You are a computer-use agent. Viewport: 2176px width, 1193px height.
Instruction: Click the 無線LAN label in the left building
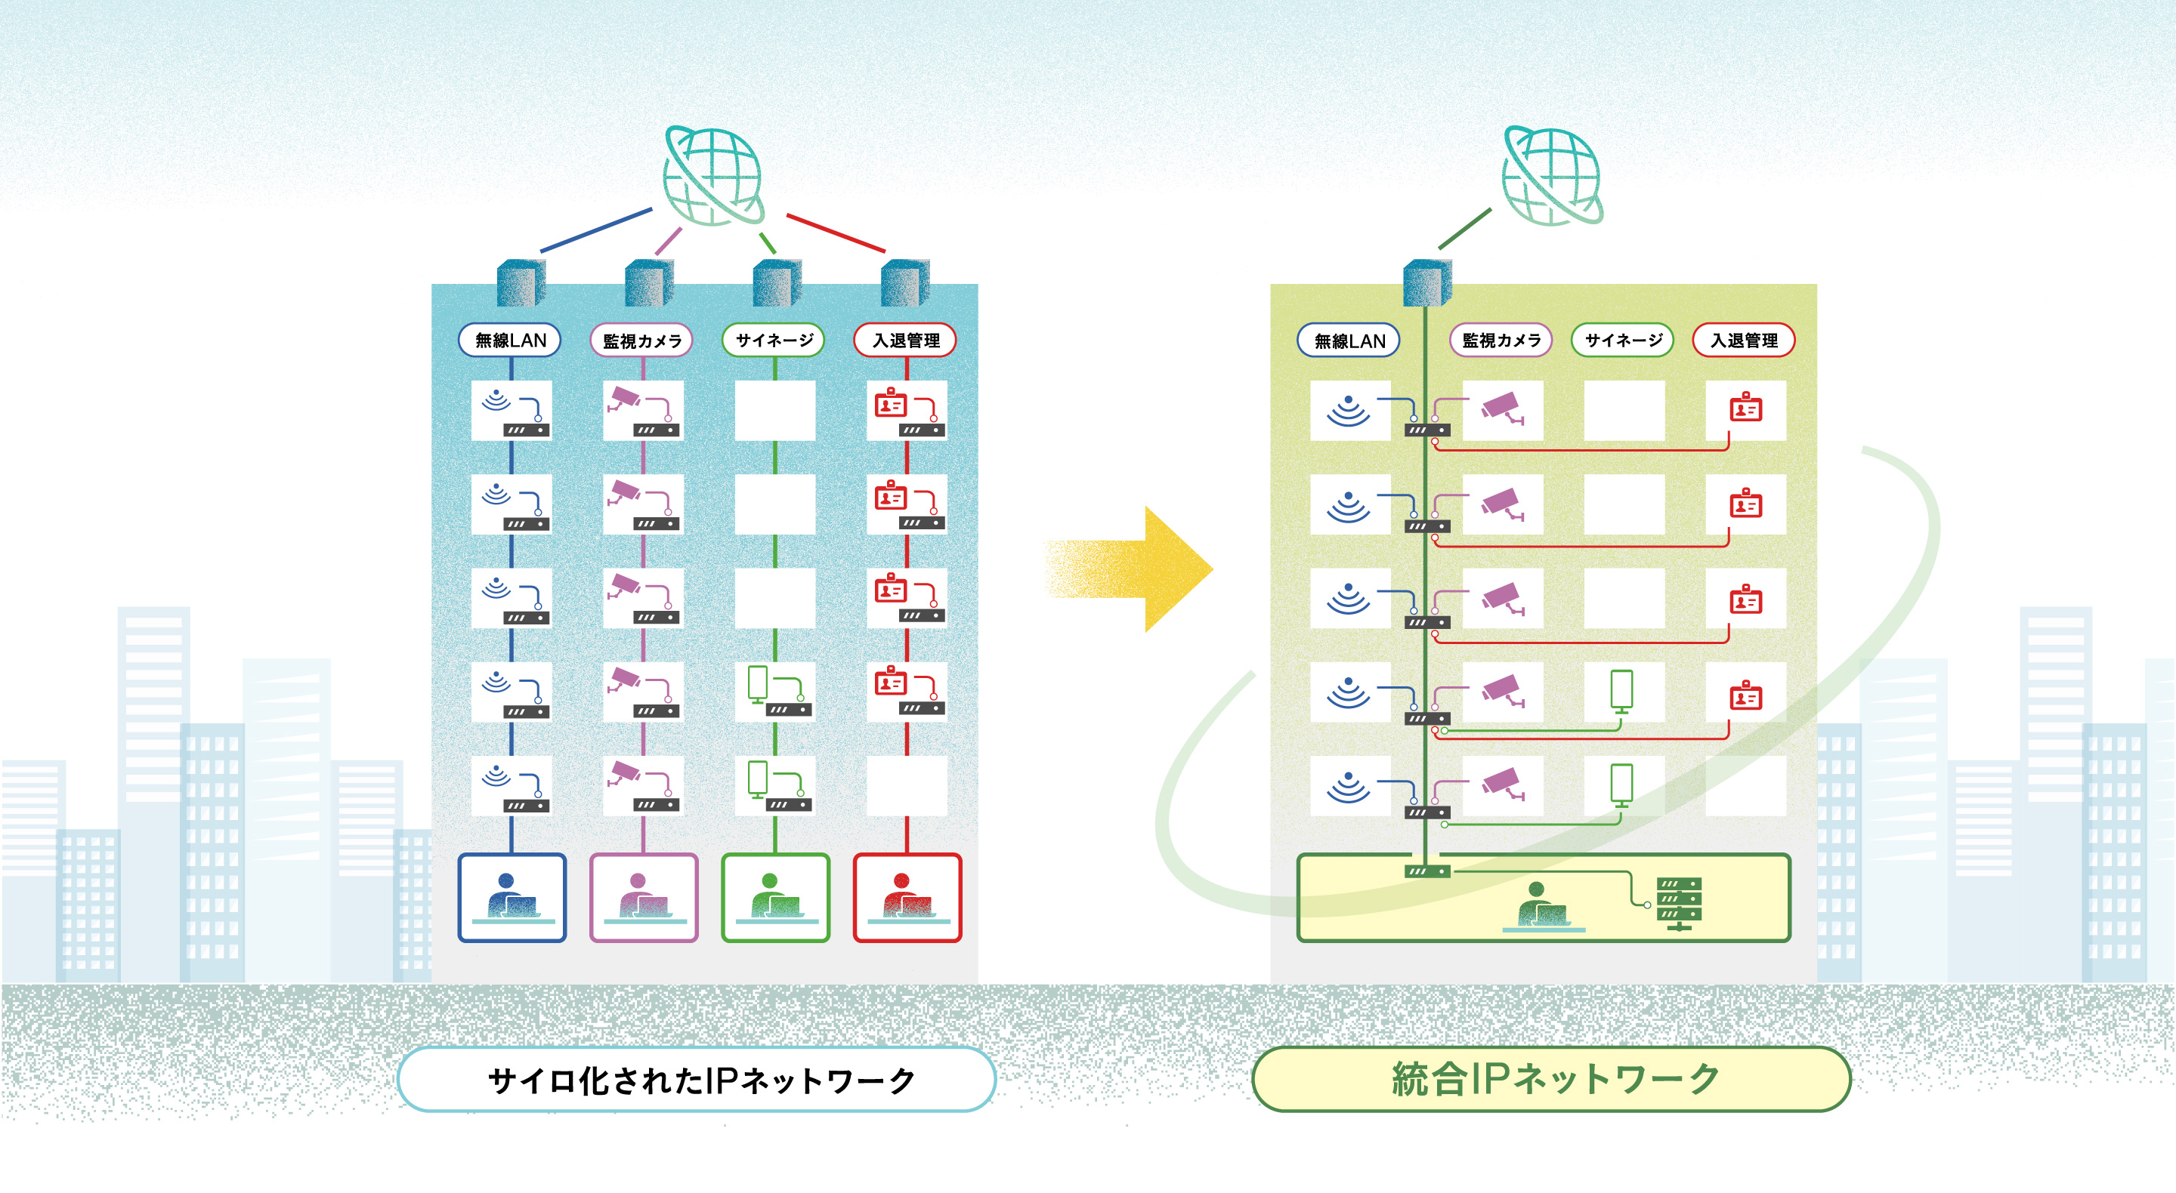pyautogui.click(x=509, y=341)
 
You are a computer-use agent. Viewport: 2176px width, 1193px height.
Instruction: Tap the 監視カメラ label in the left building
pyautogui.click(x=641, y=341)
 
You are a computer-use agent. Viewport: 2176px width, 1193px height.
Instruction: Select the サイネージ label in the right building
pyautogui.click(x=1622, y=341)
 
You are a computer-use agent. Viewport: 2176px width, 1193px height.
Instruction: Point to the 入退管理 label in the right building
pyautogui.click(x=1744, y=341)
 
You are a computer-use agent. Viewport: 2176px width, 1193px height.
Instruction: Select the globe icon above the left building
pyautogui.click(x=713, y=176)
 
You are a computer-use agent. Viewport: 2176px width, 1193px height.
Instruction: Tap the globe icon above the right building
pyautogui.click(x=1552, y=176)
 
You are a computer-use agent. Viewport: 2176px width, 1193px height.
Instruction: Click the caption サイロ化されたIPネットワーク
pyautogui.click(x=697, y=1079)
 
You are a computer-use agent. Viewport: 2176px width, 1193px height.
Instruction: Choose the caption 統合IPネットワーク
pyautogui.click(x=1552, y=1078)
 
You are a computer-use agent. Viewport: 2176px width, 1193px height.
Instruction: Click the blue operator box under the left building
pyautogui.click(x=512, y=897)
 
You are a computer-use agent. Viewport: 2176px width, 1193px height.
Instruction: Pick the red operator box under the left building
pyautogui.click(x=907, y=897)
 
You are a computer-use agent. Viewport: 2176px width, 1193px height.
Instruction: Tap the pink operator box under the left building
pyautogui.click(x=644, y=897)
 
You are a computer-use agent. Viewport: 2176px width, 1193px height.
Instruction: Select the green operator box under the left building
pyautogui.click(x=775, y=897)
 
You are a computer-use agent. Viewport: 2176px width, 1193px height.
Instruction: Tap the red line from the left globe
pyautogui.click(x=836, y=233)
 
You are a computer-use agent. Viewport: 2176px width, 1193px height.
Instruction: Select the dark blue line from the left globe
pyautogui.click(x=595, y=230)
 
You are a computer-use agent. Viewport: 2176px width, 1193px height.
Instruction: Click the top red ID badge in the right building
pyautogui.click(x=1745, y=408)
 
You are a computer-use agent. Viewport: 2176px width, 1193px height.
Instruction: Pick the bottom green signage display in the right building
pyautogui.click(x=1621, y=785)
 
